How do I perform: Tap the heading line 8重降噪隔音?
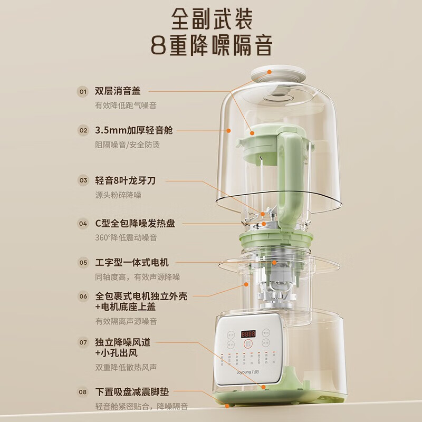(211, 46)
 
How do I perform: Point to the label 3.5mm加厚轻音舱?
(134, 130)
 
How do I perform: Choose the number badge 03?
(83, 180)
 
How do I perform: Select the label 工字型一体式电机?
(132, 262)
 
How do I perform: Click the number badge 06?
(83, 296)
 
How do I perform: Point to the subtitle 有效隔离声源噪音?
(126, 321)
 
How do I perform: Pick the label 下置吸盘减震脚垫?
(132, 392)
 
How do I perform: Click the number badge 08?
(83, 392)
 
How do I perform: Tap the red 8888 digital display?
(250, 334)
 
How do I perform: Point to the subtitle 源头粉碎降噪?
(118, 195)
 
